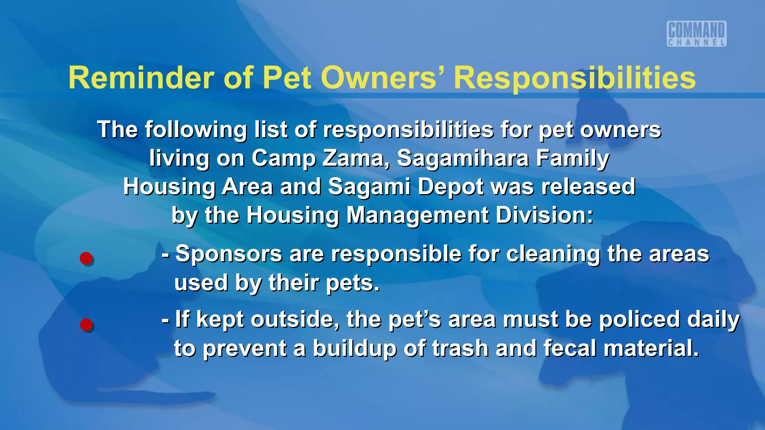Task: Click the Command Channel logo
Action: (x=697, y=34)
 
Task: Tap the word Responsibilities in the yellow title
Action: (x=574, y=78)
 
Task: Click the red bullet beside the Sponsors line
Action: (x=86, y=258)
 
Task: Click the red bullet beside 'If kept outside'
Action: (x=86, y=325)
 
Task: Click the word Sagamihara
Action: (x=463, y=158)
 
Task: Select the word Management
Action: (x=417, y=215)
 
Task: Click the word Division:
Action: (x=544, y=215)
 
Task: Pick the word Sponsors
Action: (x=229, y=254)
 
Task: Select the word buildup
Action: (x=354, y=348)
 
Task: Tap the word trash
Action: (x=460, y=348)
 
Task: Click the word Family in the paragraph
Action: (x=573, y=158)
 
